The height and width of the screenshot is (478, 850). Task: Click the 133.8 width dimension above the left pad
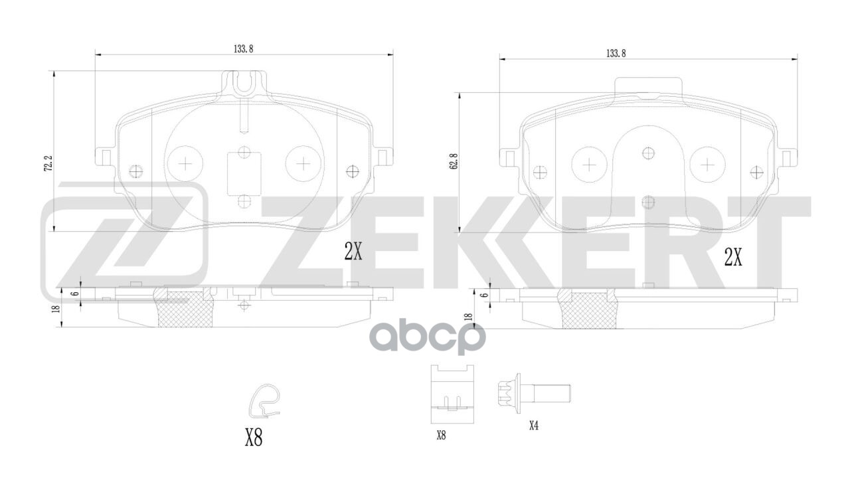243,49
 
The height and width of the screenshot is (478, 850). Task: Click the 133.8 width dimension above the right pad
616,54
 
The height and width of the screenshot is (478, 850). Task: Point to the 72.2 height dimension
48,163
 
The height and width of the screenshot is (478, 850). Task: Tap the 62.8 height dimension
454,161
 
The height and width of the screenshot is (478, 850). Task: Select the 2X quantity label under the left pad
353,251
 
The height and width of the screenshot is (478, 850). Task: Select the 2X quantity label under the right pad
733,258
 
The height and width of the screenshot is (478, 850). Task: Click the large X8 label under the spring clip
254,438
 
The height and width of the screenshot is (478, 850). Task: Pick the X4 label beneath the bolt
534,426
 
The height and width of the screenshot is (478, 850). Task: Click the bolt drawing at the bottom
534,394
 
